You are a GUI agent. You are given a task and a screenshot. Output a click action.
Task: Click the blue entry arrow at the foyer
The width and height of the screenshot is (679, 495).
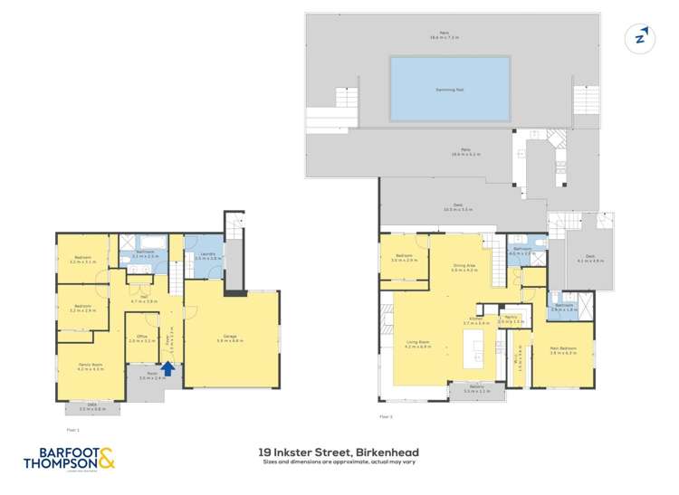(x=167, y=368)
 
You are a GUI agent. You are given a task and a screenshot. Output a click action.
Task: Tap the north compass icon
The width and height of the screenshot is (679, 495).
(x=641, y=37)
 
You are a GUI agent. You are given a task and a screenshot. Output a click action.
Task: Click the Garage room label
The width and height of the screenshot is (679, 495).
(x=230, y=339)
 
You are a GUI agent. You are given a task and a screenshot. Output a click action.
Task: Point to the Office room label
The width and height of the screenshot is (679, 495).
(x=141, y=338)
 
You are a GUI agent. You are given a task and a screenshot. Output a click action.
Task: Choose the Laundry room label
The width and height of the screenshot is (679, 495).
(x=203, y=256)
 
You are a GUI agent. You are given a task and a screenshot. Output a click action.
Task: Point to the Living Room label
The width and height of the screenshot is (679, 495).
(x=417, y=345)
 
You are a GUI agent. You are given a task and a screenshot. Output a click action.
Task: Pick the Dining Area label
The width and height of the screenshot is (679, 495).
(x=464, y=268)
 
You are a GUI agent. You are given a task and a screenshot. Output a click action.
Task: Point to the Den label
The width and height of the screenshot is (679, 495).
(x=143, y=298)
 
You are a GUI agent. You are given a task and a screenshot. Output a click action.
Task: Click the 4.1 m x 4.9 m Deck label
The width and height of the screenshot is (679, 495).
(x=589, y=259)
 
